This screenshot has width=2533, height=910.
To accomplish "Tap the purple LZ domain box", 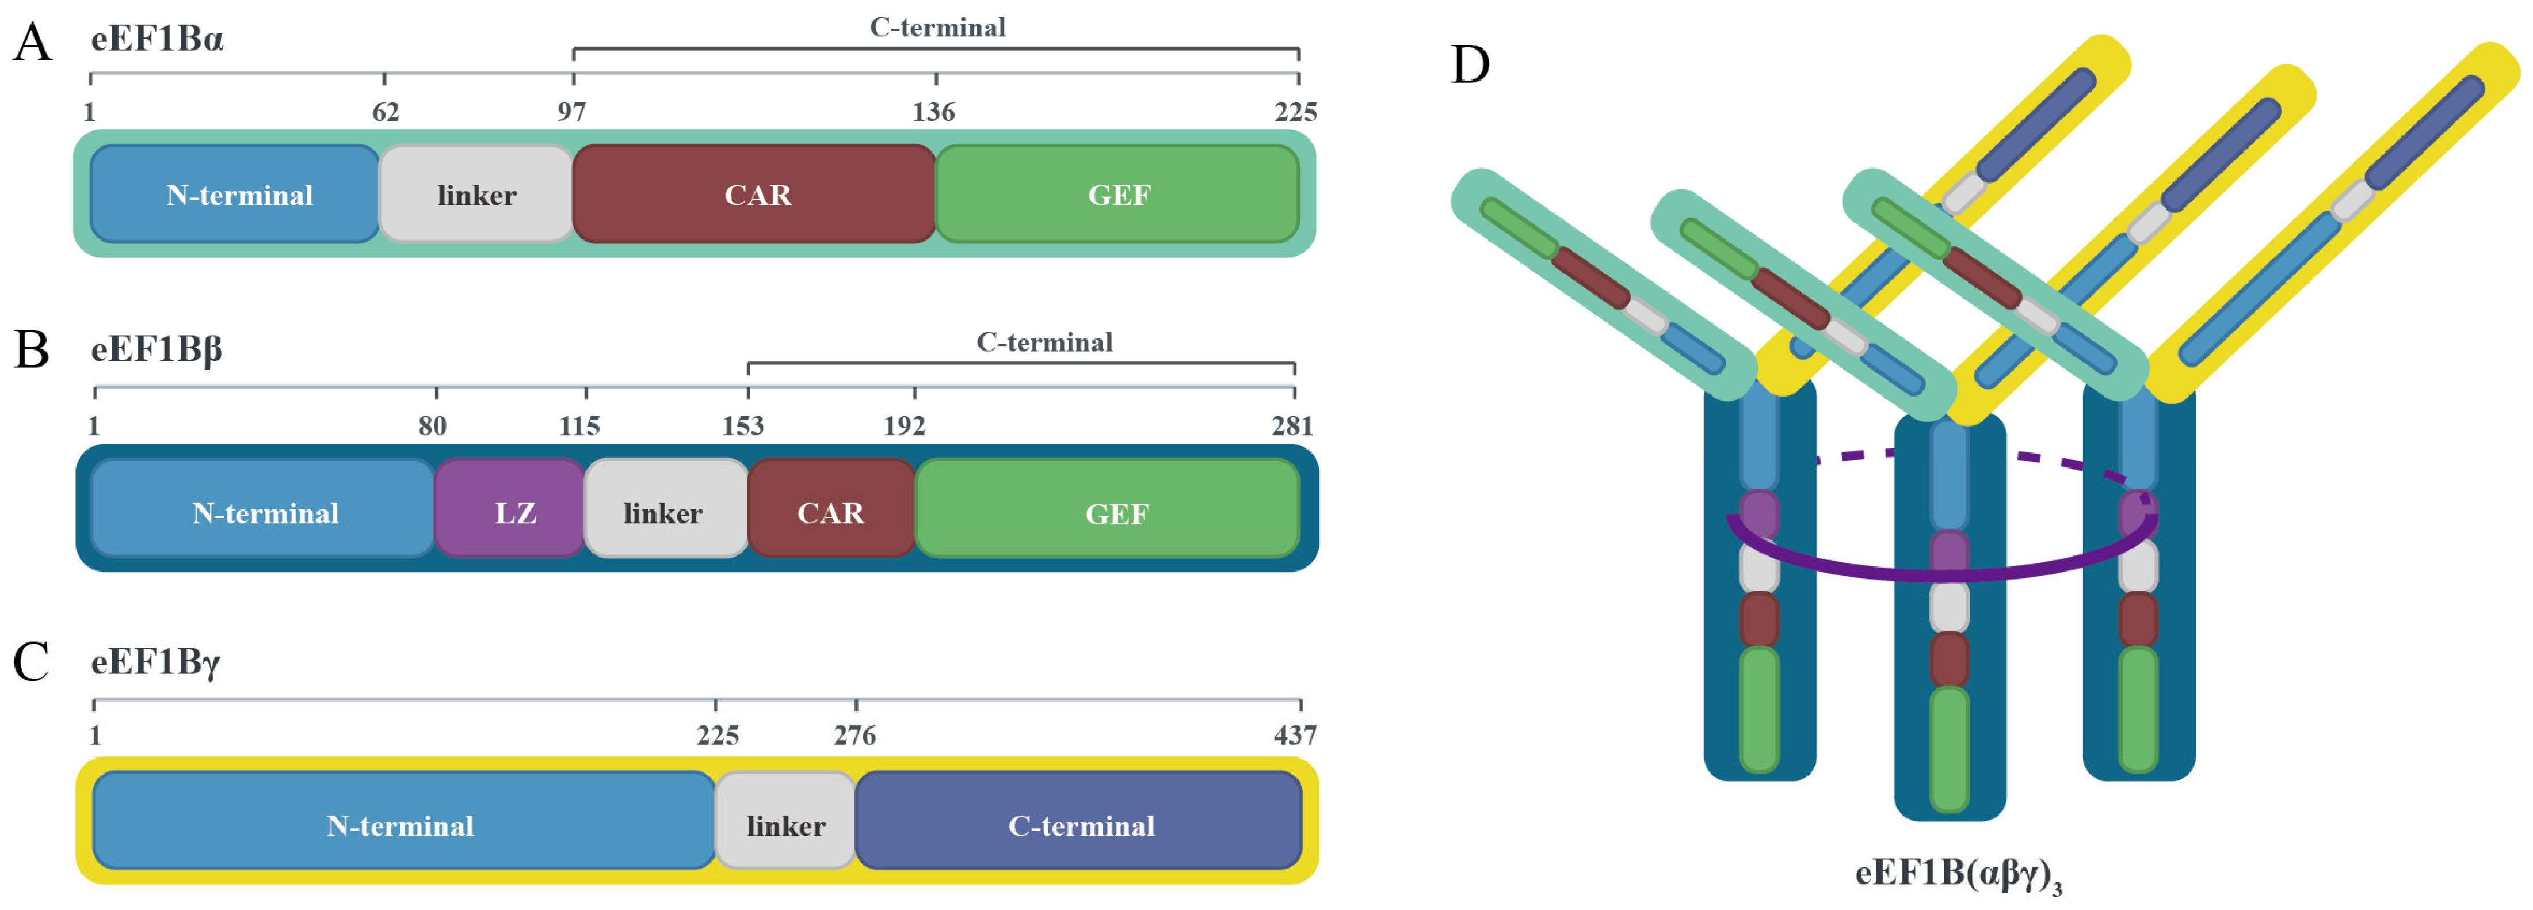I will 510,509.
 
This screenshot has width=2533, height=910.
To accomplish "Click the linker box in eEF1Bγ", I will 785,820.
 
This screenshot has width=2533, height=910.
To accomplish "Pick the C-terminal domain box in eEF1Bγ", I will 1079,820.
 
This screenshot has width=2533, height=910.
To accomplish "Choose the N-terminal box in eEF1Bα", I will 236,194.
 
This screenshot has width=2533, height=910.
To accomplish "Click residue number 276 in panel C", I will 854,735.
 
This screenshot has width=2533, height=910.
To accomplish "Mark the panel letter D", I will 1470,65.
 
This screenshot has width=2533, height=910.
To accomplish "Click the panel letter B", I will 32,349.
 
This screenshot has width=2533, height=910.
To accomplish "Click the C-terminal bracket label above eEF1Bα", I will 937,28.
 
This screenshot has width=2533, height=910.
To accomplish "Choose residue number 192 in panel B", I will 903,425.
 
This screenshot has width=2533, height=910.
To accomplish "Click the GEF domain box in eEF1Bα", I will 1117,194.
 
